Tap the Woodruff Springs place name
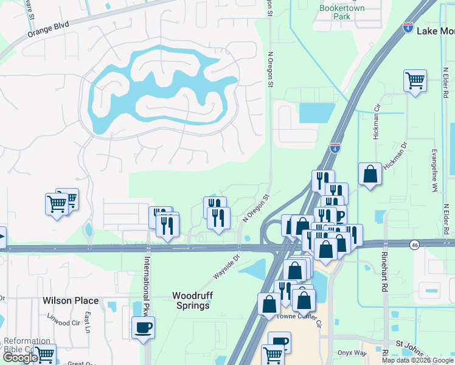pos(191,300)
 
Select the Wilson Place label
pos(71,301)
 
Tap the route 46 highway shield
pos(414,245)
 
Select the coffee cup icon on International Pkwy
pos(143,327)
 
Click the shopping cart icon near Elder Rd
pos(415,80)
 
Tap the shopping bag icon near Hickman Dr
pos(370,174)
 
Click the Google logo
pos(20,358)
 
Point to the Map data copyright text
pos(417,360)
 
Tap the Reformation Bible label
pos(27,345)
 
